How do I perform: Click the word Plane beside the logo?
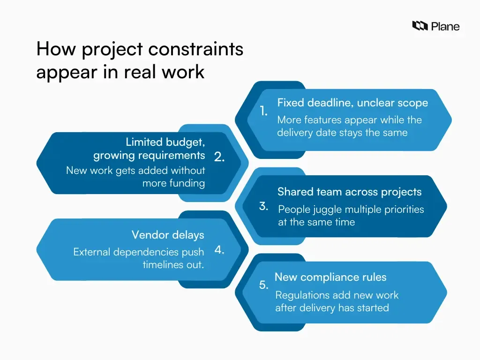coord(445,26)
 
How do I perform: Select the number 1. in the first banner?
coord(264,111)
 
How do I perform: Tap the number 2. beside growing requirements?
coord(219,157)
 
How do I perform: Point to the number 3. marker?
coord(264,206)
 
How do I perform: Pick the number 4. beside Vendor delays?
coord(219,250)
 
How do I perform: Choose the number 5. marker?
coord(264,285)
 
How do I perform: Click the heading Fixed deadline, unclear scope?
coord(352,103)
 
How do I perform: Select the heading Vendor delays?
coord(168,234)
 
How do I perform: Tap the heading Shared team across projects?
coord(349,192)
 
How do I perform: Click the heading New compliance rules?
coord(330,277)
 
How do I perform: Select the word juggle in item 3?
coord(326,210)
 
